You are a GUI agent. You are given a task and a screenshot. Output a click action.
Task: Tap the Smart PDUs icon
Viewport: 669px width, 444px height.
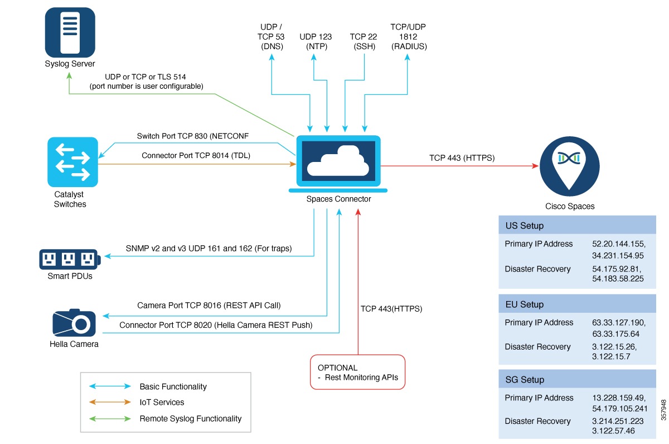tap(69, 259)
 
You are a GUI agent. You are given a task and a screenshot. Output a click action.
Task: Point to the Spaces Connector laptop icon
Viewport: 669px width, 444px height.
tap(338, 163)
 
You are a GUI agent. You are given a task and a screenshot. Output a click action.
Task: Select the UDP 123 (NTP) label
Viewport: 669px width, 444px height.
tap(316, 41)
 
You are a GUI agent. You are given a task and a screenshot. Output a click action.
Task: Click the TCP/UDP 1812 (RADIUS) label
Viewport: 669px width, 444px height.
tap(409, 36)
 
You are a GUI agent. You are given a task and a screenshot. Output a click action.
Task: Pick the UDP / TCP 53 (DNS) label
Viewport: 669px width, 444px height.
tap(272, 36)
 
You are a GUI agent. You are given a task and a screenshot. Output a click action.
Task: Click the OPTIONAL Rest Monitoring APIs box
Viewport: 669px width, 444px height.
tap(357, 372)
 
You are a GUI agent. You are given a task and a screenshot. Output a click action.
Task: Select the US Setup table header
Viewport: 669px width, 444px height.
tap(577, 226)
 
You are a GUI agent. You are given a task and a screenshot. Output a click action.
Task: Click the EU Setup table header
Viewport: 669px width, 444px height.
tap(577, 304)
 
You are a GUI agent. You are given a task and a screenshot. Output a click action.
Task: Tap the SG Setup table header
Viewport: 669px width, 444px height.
tap(577, 380)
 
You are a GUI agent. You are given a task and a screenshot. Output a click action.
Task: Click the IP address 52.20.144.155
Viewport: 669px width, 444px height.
tap(618, 244)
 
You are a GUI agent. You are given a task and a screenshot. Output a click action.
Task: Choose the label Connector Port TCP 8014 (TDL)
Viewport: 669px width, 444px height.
tap(196, 156)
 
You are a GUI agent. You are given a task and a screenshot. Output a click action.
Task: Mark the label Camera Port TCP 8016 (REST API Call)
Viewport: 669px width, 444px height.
tap(209, 305)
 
